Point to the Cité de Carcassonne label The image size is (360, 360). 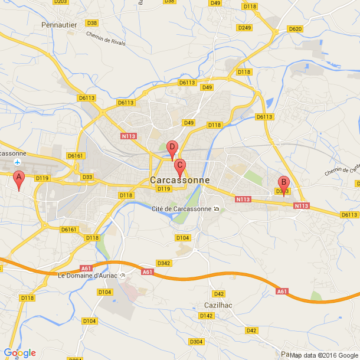click(181, 209)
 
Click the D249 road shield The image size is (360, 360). click(244, 28)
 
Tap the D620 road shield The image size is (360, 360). click(295, 29)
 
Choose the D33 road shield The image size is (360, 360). click(87, 176)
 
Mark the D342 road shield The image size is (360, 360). click(163, 263)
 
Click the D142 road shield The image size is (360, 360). click(206, 316)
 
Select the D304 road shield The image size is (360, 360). click(196, 342)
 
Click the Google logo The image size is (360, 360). click(19, 353)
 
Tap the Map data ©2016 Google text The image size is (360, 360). click(324, 355)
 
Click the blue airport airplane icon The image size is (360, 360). click(18, 161)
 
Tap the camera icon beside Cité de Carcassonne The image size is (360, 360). click(217, 208)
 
